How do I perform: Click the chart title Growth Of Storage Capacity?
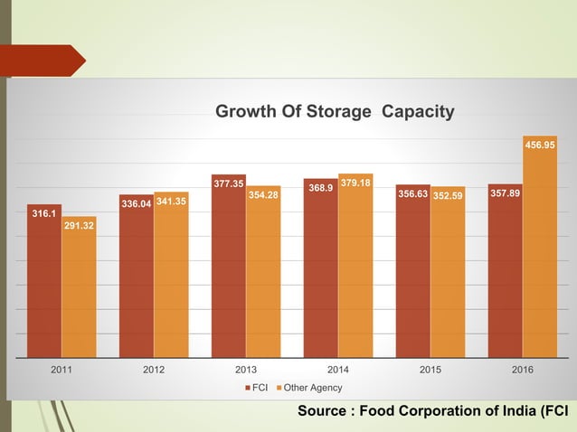(334, 111)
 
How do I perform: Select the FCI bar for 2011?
(44, 285)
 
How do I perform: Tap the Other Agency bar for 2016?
(539, 253)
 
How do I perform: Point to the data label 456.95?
(540, 144)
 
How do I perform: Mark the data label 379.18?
(355, 183)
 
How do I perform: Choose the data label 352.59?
(448, 194)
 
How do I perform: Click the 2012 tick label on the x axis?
(155, 370)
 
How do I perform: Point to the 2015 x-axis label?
(430, 370)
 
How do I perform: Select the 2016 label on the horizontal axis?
(522, 370)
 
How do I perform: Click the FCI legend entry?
(258, 388)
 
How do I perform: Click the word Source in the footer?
(322, 412)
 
